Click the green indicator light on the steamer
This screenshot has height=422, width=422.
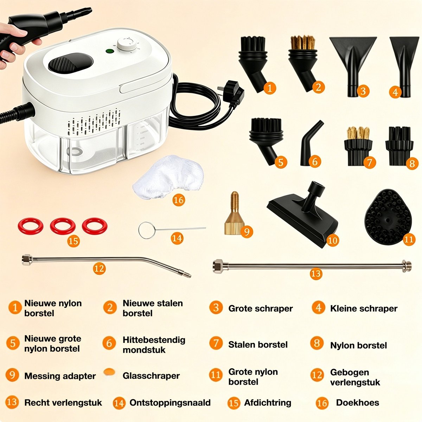point(109,51)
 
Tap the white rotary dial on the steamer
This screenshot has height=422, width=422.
point(125,44)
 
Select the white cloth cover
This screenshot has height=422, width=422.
point(168,177)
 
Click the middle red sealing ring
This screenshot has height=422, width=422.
point(63,226)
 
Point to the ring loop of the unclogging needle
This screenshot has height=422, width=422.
point(147,231)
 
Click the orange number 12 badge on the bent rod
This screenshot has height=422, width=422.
point(100,268)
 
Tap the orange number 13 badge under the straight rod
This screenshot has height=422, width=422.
point(316,274)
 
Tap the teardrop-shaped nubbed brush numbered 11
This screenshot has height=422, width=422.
point(388,217)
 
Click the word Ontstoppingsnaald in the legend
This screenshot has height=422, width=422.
point(170,403)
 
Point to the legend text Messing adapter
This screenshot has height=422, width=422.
point(60,376)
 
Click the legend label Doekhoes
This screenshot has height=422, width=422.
point(358,403)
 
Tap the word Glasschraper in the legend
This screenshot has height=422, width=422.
point(151,376)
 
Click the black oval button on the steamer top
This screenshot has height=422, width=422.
point(71,63)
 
